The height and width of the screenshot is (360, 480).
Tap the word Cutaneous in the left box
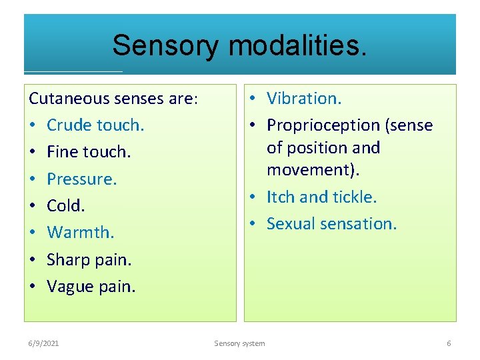[x=69, y=99]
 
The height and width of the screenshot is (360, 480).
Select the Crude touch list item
[x=95, y=125]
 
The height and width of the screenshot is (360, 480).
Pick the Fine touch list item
[x=89, y=152]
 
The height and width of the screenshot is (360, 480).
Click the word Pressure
[x=81, y=179]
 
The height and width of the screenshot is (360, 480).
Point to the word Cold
[x=65, y=206]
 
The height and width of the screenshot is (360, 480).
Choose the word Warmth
[x=80, y=233]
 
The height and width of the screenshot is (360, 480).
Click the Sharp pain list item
[x=89, y=260]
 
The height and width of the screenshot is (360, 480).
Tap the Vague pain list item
[x=91, y=287]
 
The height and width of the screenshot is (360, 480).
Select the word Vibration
[x=304, y=99]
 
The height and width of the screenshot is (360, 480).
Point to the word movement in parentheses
[x=311, y=170]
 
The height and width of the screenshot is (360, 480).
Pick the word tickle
[x=356, y=197]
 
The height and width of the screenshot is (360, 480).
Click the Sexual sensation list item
[x=331, y=223]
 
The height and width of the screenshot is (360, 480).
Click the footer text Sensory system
[x=239, y=343]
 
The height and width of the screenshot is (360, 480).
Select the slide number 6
[x=449, y=343]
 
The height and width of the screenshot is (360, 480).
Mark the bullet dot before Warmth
[x=33, y=233]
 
